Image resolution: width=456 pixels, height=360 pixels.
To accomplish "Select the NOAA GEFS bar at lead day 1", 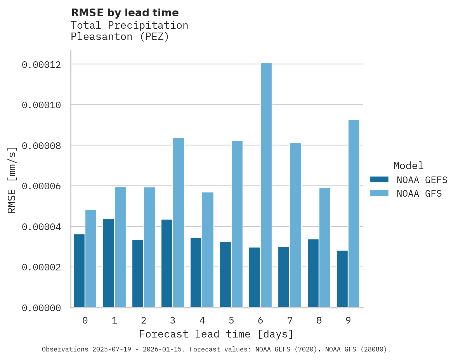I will click(108, 263).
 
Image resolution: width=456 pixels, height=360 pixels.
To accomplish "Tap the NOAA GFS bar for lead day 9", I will click(354, 214).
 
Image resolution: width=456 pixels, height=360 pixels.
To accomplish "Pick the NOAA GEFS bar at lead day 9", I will click(342, 279).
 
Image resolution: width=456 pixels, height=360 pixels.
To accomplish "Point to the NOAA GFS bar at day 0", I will click(91, 259).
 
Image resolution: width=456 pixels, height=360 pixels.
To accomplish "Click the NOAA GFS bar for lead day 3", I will click(179, 223).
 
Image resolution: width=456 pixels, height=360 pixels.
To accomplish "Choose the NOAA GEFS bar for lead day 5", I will click(225, 275).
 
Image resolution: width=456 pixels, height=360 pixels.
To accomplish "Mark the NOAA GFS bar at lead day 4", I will click(208, 250).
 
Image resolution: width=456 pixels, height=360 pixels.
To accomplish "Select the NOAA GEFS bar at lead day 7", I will click(284, 277).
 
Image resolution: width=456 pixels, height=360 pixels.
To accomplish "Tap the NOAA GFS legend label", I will click(419, 193).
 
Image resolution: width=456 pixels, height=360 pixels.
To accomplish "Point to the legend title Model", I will click(408, 166).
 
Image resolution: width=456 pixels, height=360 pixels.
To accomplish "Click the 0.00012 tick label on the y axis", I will click(42, 64).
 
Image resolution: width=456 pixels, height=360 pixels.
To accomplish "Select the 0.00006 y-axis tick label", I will click(42, 186).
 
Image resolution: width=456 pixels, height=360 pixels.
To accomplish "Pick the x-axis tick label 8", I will click(319, 320).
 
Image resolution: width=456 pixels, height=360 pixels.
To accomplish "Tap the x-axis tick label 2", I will click(144, 320).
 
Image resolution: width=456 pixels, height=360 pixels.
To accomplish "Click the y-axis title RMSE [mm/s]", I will click(12, 180).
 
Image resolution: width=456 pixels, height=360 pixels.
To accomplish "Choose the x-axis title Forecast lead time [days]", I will click(216, 334).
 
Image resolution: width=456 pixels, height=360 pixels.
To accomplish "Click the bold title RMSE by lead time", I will click(125, 13).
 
